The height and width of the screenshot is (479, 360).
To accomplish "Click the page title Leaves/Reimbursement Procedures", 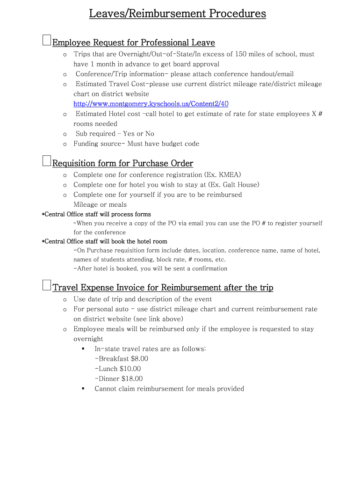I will [x=178, y=14].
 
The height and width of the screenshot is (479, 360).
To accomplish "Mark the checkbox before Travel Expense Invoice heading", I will [x=46, y=285].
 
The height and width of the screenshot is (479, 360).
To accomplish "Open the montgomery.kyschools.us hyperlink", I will [x=151, y=104].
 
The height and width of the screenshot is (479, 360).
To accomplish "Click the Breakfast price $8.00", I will [x=139, y=359].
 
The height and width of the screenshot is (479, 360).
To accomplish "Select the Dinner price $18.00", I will [x=132, y=379].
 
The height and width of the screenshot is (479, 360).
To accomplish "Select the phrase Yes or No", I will [x=138, y=134].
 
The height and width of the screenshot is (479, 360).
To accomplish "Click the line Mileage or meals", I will [x=100, y=204].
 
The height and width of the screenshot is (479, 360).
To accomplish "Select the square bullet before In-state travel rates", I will [x=83, y=349].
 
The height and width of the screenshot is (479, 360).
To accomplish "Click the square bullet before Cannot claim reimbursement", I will [x=83, y=389].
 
